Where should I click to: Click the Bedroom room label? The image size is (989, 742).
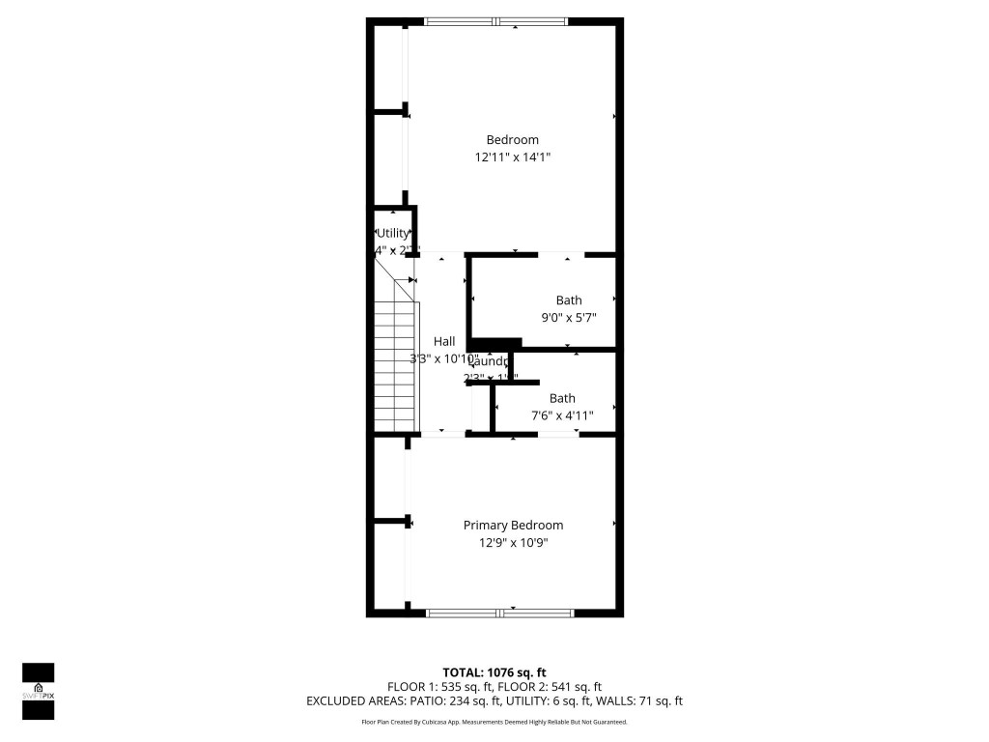coord(512,139)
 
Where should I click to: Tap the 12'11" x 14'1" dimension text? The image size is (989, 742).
coord(512,157)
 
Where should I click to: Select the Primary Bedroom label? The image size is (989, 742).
coord(513,526)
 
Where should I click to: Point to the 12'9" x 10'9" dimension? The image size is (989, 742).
coord(513,543)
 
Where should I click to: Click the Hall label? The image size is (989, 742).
coord(444,341)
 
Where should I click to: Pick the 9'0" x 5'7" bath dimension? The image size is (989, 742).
coord(569,317)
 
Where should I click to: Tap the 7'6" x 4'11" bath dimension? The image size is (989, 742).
coord(562,415)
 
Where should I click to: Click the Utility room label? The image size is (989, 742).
coord(393,233)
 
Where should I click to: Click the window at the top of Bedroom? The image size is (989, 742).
coord(496,21)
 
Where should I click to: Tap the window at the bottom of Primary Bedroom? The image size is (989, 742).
coord(500,613)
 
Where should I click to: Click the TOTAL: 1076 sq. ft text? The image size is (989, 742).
coord(494,672)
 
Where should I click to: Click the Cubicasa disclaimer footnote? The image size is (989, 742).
coord(494,722)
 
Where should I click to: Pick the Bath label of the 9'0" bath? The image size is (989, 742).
coord(569,300)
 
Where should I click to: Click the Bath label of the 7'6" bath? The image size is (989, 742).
coord(562,398)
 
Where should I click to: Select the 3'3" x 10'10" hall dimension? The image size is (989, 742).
coord(443,358)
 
